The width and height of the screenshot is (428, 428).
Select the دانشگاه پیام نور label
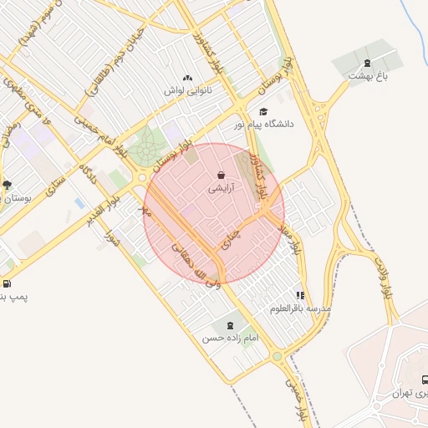(x=265, y=124)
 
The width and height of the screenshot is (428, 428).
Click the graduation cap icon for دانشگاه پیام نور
(x=263, y=111)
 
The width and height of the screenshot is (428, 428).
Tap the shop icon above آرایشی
(x=221, y=176)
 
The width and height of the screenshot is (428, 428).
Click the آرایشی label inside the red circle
(x=221, y=190)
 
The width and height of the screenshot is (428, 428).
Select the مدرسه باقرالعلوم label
(x=299, y=308)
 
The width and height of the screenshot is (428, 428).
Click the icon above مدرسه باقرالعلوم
(x=300, y=295)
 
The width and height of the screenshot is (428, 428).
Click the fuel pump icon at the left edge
(x=7, y=283)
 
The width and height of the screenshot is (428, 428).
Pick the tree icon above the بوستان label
(x=8, y=185)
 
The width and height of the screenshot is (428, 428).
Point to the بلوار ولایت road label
(x=385, y=281)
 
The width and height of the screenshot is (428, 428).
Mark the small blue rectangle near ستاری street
(x=79, y=203)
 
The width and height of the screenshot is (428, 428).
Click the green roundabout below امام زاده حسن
(x=277, y=357)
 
